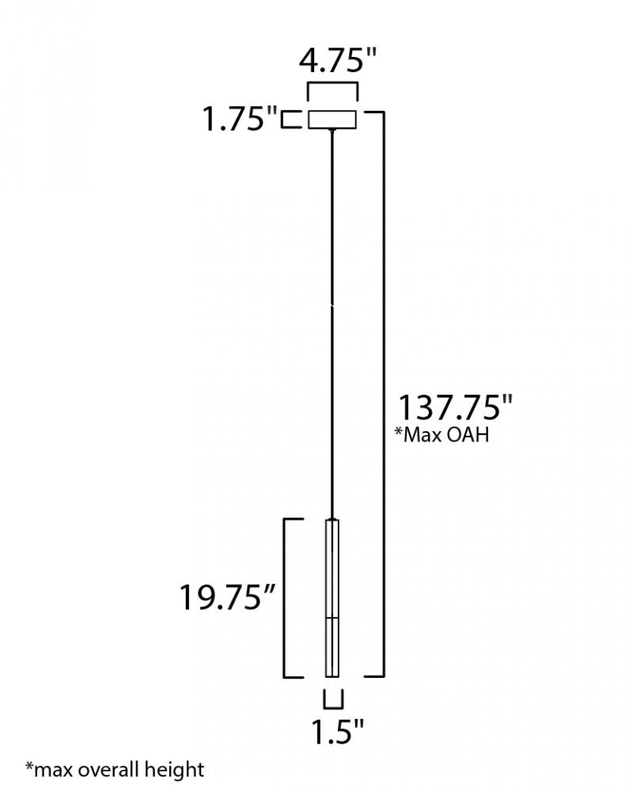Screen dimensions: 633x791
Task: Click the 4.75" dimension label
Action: (338, 60)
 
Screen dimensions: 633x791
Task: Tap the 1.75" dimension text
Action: (240, 119)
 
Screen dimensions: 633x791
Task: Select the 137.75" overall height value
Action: (455, 407)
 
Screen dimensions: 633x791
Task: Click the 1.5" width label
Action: (337, 731)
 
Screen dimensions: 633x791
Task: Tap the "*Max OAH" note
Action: (442, 434)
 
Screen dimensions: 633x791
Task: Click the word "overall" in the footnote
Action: (108, 770)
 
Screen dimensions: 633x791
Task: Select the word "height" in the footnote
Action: (174, 770)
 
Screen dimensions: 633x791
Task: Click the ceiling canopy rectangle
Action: (332, 119)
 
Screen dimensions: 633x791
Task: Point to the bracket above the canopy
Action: (332, 85)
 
